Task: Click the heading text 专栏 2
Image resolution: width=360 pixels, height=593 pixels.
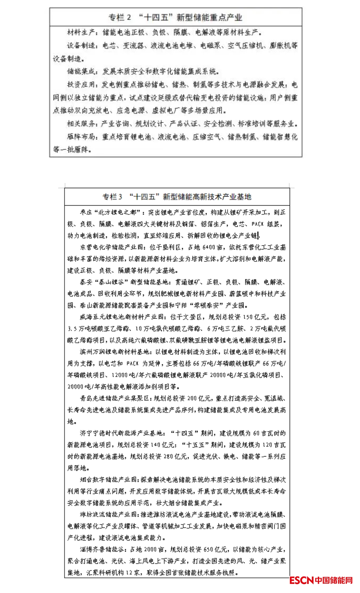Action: click(120, 17)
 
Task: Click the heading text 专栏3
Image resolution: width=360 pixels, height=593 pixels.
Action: click(112, 197)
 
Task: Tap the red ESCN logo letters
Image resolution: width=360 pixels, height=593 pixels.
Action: click(301, 580)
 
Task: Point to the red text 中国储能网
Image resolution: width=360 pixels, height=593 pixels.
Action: click(334, 580)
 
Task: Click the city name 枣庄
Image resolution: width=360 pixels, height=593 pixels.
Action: click(86, 212)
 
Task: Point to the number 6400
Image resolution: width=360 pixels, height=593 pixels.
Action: click(209, 247)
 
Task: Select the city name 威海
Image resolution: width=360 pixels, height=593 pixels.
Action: click(86, 317)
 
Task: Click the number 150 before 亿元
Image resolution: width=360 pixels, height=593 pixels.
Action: click(247, 317)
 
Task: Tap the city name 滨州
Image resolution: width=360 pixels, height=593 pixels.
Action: click(86, 352)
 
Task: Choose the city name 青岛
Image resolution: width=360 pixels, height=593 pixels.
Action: click(86, 399)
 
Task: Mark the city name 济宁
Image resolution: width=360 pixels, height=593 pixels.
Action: click(86, 433)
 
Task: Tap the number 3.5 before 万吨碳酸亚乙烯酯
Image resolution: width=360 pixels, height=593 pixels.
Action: click(72, 329)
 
